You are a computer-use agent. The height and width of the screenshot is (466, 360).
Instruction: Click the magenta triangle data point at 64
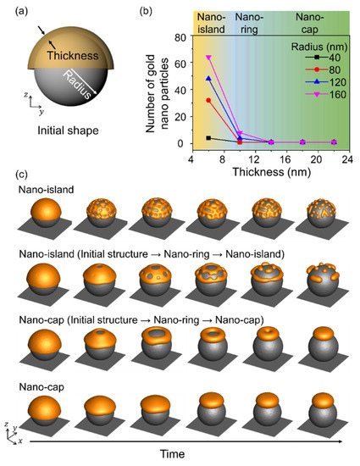point(208,58)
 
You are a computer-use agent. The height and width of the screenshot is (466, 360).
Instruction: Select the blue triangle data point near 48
point(208,79)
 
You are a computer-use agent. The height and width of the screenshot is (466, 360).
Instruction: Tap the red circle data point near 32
point(208,100)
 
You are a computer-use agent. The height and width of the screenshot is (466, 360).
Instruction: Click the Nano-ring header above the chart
point(248,21)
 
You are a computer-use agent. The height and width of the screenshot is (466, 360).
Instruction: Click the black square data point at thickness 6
point(208,137)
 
